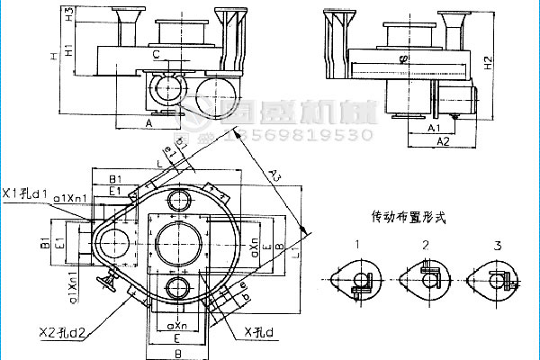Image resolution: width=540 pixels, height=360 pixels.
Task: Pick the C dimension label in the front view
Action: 157,56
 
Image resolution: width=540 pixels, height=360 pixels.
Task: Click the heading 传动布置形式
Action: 408,217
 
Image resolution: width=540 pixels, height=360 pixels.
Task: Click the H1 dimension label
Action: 69,50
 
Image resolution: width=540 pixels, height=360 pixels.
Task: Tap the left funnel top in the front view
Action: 121,12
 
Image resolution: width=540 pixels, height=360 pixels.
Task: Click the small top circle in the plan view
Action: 178,199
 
